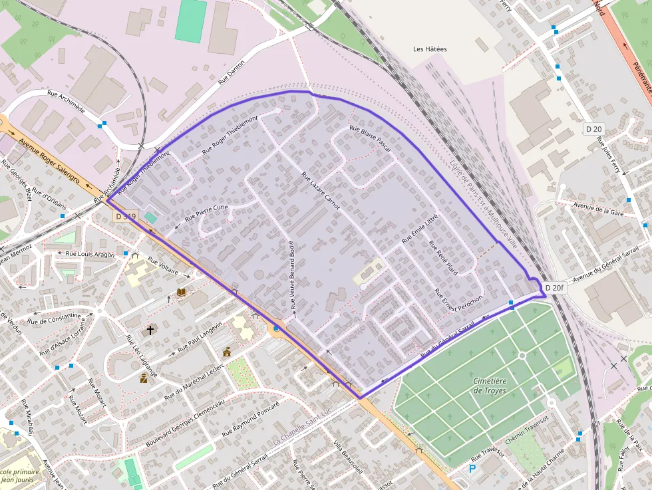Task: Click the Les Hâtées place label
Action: [x=430, y=49]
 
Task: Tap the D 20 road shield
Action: [x=593, y=128]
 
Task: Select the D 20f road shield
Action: [x=554, y=288]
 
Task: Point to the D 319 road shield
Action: [x=125, y=216]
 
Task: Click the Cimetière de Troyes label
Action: [x=490, y=386]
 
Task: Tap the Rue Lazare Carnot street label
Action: [x=321, y=191]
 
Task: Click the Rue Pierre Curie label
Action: [x=206, y=213]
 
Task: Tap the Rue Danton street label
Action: [x=232, y=72]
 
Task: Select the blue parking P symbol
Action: [x=472, y=469]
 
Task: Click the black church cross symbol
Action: [x=150, y=329]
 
